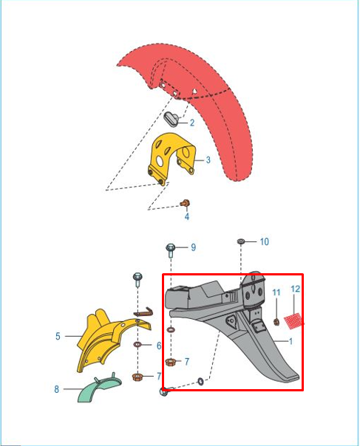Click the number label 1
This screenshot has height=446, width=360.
(291, 341)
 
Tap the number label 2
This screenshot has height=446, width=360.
(192, 123)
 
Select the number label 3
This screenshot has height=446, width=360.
(208, 160)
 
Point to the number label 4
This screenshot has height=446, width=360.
(187, 216)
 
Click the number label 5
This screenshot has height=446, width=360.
(58, 336)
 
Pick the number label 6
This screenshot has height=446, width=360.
(159, 346)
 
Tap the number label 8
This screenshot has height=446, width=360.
(57, 389)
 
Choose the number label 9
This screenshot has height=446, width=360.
(194, 247)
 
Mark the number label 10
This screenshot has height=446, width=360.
(265, 241)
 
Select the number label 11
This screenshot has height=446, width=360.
(276, 292)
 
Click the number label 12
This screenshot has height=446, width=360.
(296, 289)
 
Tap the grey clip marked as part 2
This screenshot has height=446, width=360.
(171, 119)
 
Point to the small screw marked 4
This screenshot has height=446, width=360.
(186, 203)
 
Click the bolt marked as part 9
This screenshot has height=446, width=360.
(171, 250)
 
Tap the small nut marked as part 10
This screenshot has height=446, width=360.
(241, 241)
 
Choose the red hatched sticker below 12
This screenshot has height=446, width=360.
(293, 321)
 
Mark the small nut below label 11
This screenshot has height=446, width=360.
(276, 322)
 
